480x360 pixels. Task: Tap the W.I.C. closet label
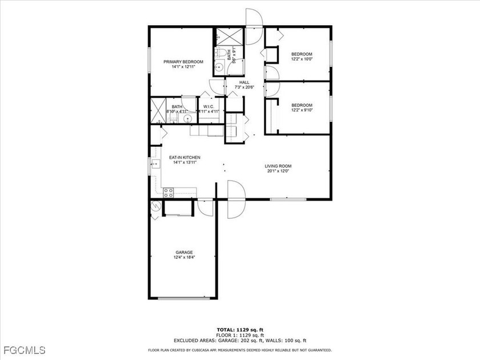(207, 106)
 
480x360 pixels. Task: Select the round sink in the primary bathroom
(187, 118)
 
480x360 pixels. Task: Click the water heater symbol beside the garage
(156, 209)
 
